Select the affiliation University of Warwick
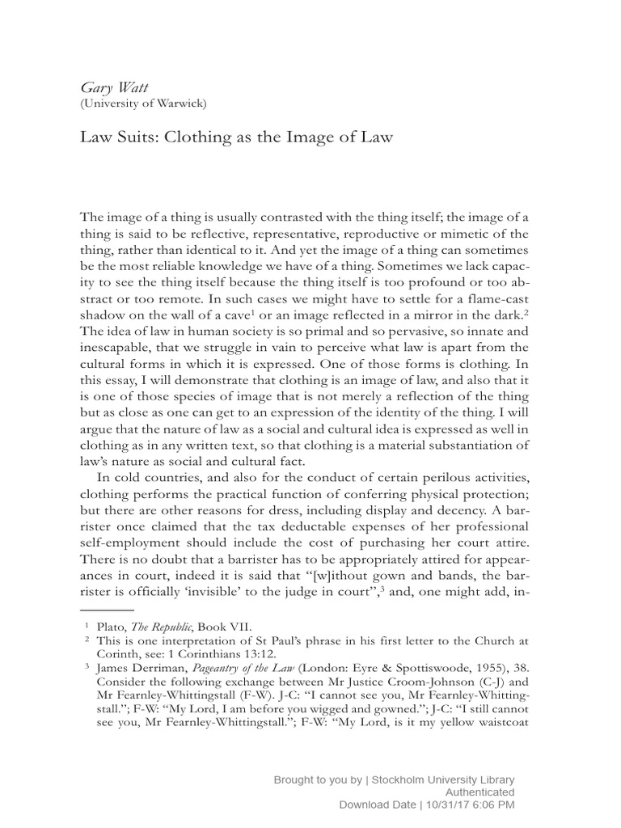(143, 103)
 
